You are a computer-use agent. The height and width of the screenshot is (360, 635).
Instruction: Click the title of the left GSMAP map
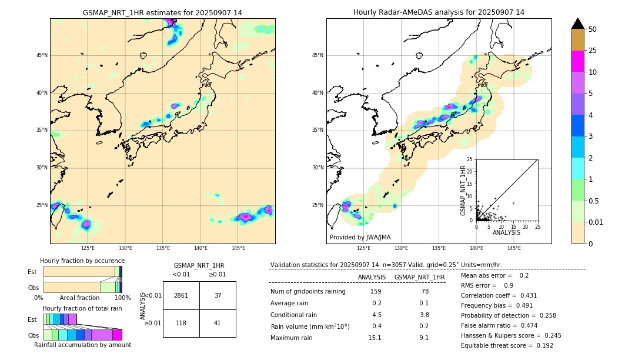point(162,12)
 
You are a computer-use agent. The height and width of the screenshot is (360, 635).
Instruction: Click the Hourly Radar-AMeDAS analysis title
point(439,12)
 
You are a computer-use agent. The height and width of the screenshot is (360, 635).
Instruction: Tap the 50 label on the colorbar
point(593,29)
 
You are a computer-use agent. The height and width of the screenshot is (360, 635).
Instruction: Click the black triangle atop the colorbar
point(578,24)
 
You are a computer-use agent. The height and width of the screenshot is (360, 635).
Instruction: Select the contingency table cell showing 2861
point(181,295)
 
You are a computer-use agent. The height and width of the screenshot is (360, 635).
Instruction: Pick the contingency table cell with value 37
point(218,295)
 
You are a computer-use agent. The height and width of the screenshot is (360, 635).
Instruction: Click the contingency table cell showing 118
point(181,323)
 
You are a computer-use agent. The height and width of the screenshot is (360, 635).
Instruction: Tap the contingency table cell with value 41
point(218,323)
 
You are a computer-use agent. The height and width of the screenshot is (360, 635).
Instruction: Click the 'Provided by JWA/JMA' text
point(360,237)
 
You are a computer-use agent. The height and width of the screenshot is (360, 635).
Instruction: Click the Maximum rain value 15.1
point(376,338)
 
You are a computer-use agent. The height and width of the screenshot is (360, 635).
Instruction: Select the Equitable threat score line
point(507,345)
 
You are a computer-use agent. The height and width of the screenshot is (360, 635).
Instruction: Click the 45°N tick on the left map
point(42,55)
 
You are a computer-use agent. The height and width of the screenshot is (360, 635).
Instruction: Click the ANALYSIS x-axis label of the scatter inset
point(506,232)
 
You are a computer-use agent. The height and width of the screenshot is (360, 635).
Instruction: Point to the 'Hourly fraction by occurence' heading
point(82,261)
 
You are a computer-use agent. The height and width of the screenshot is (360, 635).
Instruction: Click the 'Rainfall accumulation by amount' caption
point(82,345)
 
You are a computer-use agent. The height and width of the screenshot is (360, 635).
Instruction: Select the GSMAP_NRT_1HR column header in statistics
point(419,277)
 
